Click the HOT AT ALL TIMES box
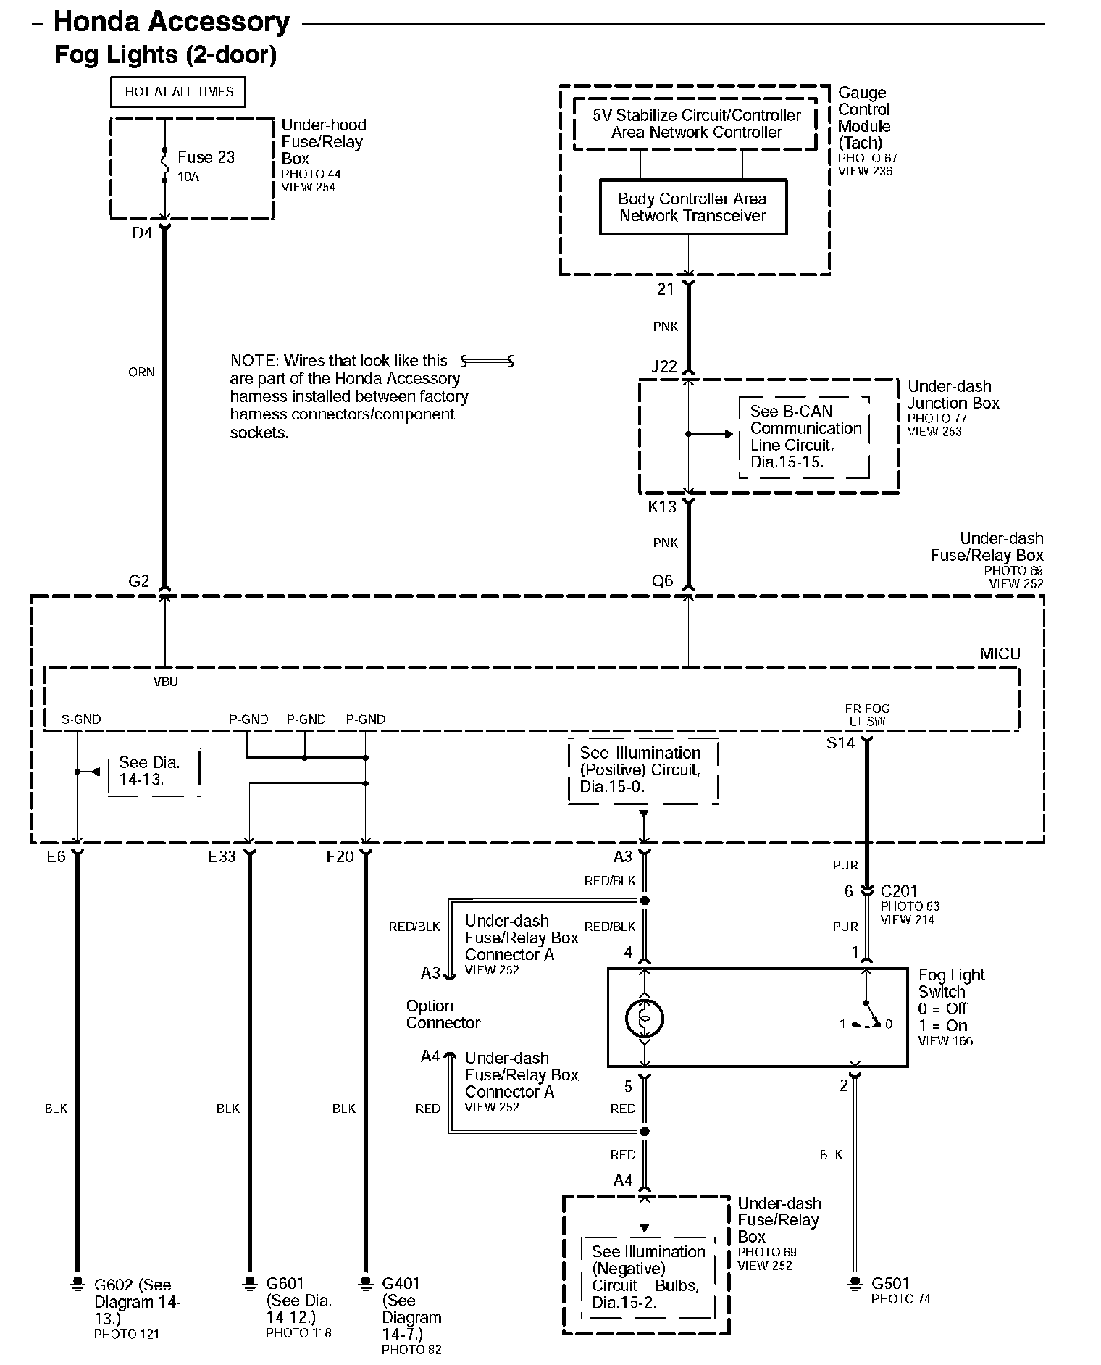click(x=178, y=92)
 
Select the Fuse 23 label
click(x=206, y=157)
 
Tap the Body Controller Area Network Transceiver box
click(x=692, y=207)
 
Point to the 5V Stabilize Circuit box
click(x=695, y=124)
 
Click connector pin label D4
click(x=142, y=233)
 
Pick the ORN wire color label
click(x=141, y=372)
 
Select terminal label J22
click(x=664, y=367)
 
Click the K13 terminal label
click(x=662, y=507)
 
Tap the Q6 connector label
click(x=662, y=580)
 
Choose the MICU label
click(x=1000, y=654)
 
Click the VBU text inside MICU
click(x=165, y=682)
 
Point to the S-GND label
click(x=81, y=719)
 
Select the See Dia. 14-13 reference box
click(x=153, y=772)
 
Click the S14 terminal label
click(x=840, y=743)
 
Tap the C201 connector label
click(x=899, y=891)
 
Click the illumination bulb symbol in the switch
click(x=644, y=1017)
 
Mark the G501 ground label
click(x=890, y=1283)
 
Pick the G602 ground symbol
click(x=76, y=1284)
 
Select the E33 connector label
click(x=222, y=856)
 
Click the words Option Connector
click(x=443, y=1014)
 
